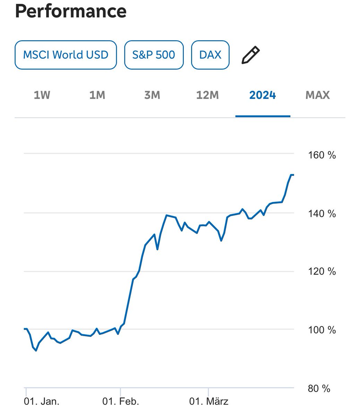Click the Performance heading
71,11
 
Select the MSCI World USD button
66,55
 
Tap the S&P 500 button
154,55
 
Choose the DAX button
210,55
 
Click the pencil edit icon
250,55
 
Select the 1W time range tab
42,95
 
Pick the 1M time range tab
97,95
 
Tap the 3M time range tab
152,95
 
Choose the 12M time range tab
207,95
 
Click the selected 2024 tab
263,95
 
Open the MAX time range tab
317,95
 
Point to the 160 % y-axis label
322,155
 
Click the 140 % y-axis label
322,214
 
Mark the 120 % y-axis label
322,271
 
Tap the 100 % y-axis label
322,330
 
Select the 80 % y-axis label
319,389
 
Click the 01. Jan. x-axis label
42,401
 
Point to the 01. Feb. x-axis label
120,401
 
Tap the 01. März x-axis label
208,401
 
